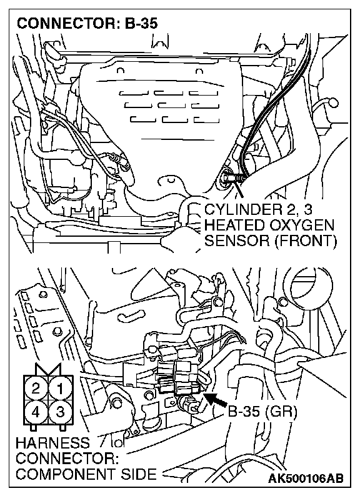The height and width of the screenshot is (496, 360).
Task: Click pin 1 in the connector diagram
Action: point(60,388)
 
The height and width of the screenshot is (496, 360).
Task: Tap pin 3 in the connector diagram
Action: point(60,412)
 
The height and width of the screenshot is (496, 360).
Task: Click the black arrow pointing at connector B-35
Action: point(216,399)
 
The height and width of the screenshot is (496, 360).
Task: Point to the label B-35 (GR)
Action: point(262,412)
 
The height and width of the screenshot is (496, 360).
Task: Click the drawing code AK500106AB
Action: point(306,479)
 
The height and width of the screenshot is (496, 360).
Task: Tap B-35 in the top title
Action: point(141,24)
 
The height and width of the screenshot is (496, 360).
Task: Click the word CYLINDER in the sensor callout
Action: point(247,210)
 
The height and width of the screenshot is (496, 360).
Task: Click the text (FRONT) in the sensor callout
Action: point(305,241)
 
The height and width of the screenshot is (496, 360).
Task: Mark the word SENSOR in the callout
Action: point(236,241)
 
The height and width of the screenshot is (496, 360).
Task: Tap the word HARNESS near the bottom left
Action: point(52,443)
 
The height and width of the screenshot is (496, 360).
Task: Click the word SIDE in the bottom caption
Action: point(141,474)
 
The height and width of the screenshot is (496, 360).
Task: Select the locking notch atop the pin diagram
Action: point(48,369)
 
